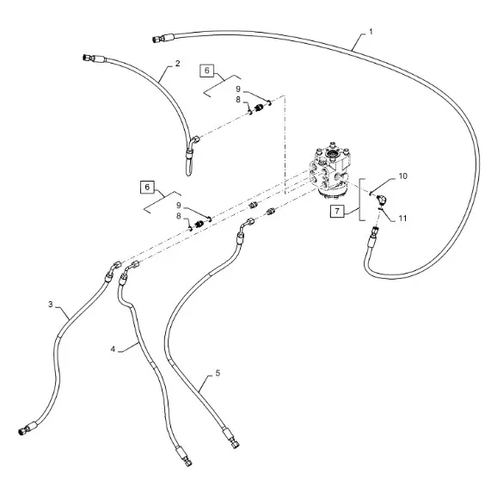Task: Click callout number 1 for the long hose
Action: pos(371,32)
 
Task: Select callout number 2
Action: pos(177,64)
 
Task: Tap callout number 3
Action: pos(51,305)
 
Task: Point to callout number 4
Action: pos(113,348)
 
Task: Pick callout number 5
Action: pos(218,373)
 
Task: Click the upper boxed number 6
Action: pos(206,71)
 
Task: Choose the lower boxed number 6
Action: pos(147,188)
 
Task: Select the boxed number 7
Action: pos(337,211)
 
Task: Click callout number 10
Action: pos(402,176)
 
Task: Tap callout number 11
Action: pos(402,218)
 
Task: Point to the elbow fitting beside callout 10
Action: pos(382,199)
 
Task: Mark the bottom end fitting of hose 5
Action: pos(231,438)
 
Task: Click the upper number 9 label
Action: pos(238,89)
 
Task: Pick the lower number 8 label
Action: pos(179,216)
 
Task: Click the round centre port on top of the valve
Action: pos(331,154)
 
